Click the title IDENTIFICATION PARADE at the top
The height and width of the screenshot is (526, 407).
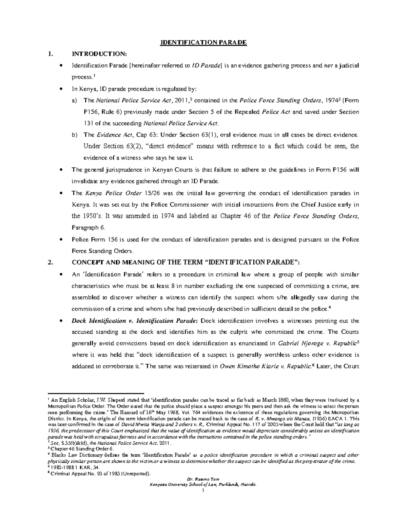(203, 43)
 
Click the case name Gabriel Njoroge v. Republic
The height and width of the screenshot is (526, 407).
(317, 343)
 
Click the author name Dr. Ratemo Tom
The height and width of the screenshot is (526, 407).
(203, 479)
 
